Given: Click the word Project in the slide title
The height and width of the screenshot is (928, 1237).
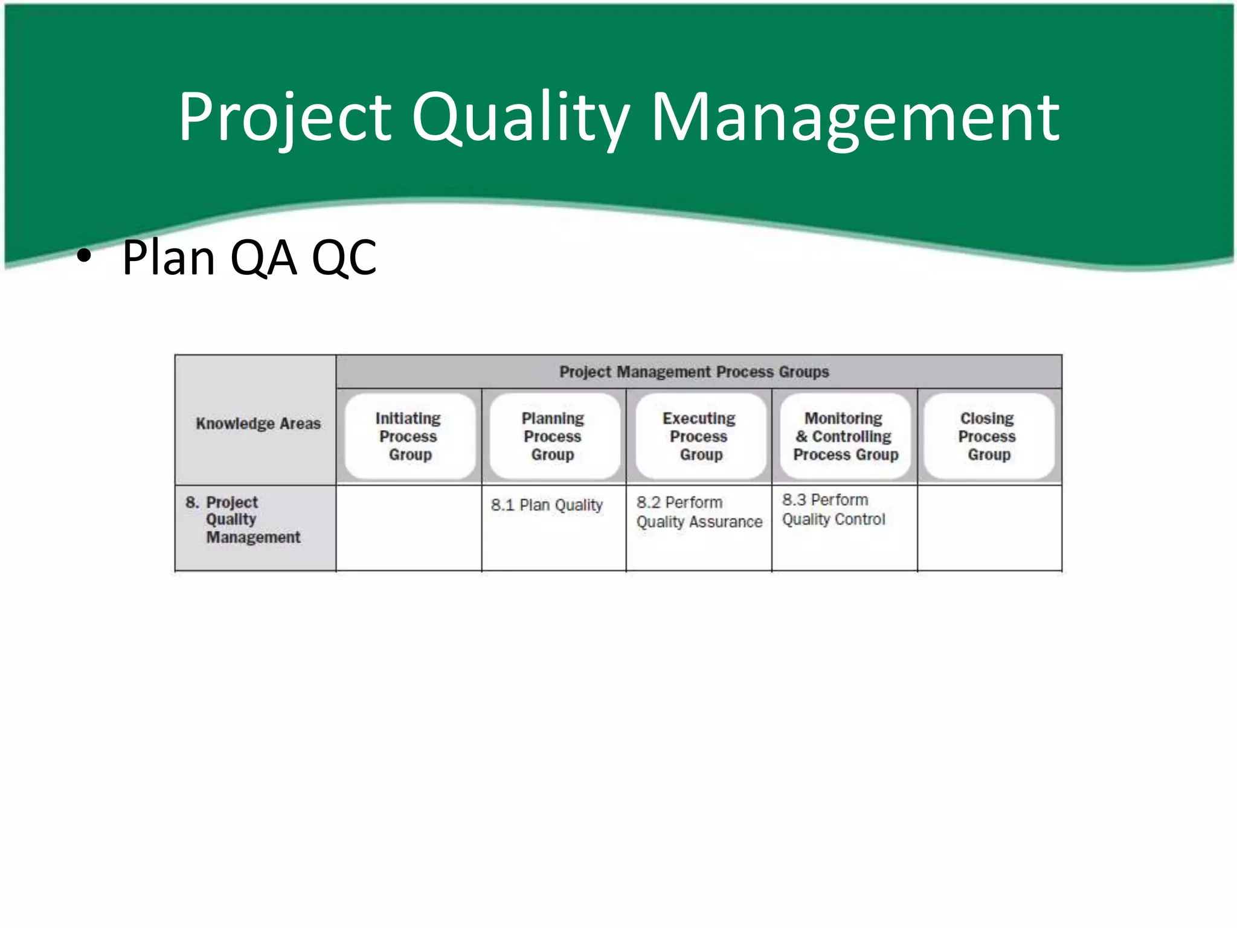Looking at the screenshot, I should tap(284, 118).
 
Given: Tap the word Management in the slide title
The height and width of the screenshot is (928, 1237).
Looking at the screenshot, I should tap(855, 118).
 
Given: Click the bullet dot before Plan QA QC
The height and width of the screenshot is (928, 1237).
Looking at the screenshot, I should tap(84, 257).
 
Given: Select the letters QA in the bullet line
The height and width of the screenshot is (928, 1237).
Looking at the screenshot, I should tap(264, 258).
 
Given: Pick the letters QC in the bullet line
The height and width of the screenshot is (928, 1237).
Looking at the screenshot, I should tap(344, 258).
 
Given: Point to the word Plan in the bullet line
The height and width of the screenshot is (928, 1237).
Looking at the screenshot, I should tap(169, 258).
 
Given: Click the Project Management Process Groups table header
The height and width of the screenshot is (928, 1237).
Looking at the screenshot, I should tap(694, 372).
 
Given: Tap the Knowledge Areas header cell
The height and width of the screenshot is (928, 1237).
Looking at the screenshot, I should tap(258, 424).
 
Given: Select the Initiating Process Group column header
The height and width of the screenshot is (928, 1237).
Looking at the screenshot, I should tap(409, 436).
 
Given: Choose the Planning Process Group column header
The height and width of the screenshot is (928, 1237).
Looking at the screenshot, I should tap(553, 436).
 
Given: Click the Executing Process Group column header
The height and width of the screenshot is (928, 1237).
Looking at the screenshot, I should tap(699, 436).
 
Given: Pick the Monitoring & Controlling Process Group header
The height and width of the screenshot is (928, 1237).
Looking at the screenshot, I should tap(845, 436).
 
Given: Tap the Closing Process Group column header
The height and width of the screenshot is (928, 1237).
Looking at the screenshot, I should tap(988, 436).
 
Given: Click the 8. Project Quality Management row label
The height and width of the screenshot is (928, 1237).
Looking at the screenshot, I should tap(243, 520).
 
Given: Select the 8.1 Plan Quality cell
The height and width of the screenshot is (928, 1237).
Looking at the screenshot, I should tap(547, 505).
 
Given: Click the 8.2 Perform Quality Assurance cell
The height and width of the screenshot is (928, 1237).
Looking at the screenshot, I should tap(699, 512).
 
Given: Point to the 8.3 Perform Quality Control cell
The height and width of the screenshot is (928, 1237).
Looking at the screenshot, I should tap(834, 510).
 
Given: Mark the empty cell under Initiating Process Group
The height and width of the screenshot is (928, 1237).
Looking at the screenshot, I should tap(409, 528).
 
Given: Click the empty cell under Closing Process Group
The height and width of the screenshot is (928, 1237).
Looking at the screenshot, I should tap(989, 528).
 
